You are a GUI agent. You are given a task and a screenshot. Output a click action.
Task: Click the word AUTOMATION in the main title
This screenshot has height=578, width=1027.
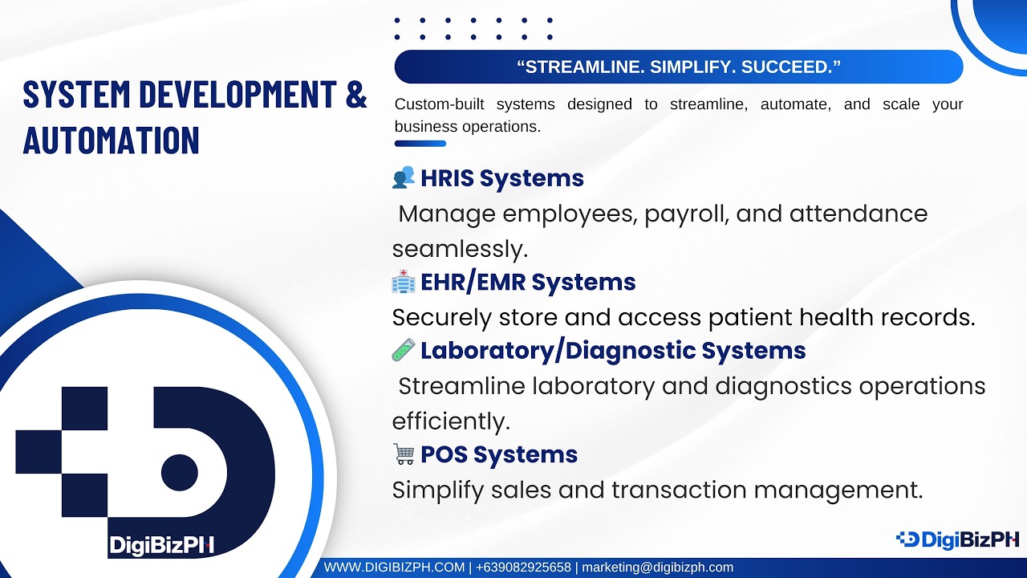(x=111, y=140)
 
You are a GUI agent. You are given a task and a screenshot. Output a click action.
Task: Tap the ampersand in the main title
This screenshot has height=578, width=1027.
(x=355, y=94)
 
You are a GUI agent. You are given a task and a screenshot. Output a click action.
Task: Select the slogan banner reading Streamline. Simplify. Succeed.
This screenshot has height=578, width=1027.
(x=678, y=67)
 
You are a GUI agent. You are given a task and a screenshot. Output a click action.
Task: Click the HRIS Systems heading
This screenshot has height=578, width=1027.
(x=501, y=178)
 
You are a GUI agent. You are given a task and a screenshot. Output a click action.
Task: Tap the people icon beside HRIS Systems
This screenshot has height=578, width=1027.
(x=404, y=177)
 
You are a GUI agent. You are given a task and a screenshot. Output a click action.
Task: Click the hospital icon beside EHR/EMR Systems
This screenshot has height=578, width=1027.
(x=404, y=282)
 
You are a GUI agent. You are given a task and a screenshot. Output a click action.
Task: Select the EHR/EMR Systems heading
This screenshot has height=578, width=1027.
(x=527, y=283)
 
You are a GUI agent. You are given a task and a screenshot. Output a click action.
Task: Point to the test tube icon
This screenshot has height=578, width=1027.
(x=404, y=350)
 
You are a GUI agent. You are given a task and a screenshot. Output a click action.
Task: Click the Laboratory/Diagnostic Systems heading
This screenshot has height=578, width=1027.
(x=612, y=351)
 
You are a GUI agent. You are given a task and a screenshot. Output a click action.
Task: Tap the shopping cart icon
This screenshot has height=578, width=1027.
(x=404, y=454)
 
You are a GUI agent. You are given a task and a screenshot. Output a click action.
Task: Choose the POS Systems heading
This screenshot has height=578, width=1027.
(x=498, y=454)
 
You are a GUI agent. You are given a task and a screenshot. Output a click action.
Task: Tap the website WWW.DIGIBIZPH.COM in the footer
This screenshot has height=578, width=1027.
(x=394, y=568)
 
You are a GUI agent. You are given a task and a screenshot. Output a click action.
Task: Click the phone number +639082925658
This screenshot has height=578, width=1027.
(x=523, y=568)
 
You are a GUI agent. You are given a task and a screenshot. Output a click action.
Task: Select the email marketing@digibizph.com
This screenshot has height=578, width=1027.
(x=657, y=568)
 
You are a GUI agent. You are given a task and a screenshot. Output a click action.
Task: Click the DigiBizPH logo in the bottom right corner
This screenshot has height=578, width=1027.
(x=956, y=539)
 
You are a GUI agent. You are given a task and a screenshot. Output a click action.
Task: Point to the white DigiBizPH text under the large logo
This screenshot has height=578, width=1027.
(x=161, y=546)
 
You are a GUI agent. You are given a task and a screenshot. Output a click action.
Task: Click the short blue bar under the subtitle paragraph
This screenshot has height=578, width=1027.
(x=420, y=144)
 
